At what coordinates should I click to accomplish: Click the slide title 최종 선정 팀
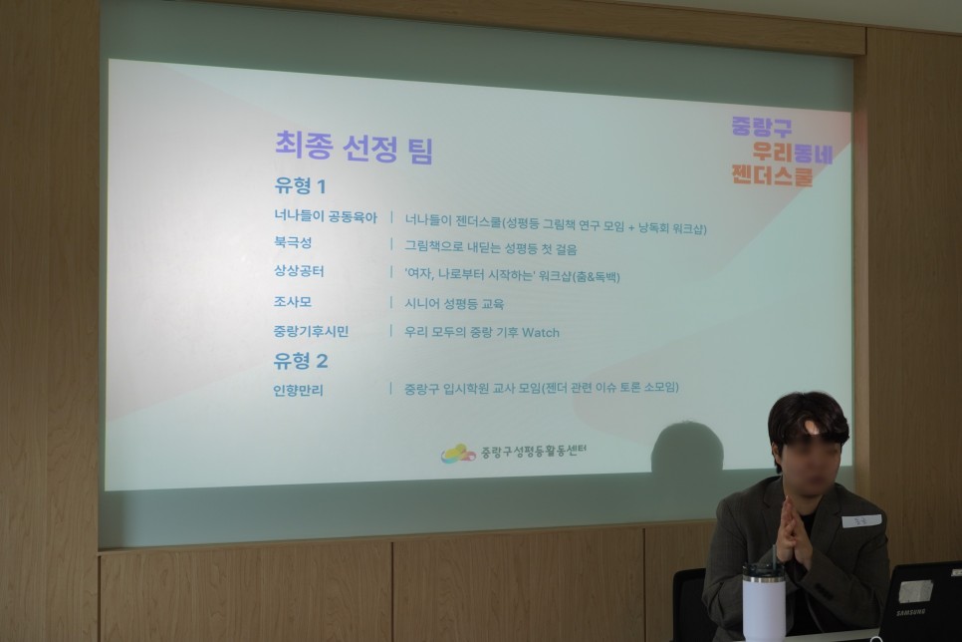coord(354,148)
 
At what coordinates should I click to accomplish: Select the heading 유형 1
coord(300,186)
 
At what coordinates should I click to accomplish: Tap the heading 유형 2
coord(301,361)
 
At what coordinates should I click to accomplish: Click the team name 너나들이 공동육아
coord(326,217)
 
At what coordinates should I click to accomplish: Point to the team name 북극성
coord(293,242)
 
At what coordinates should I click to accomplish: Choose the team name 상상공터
coord(299,271)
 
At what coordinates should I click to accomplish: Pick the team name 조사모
coord(293,302)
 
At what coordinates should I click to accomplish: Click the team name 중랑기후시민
coord(311,332)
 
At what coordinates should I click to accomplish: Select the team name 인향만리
coord(298,390)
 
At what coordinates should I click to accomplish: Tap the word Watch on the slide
coord(541,333)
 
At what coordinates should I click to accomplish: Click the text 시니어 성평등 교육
coord(454,303)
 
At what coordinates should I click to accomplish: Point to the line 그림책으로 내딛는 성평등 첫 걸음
coord(491,248)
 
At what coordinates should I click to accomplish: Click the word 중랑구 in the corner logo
coord(762,127)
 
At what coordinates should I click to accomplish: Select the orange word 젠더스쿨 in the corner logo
coord(773,175)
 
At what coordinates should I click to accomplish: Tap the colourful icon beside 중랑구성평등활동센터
coord(458,454)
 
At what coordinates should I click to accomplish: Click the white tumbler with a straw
coord(764,601)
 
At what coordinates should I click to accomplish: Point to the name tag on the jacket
coord(861,521)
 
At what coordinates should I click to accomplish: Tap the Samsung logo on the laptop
coord(910,612)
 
